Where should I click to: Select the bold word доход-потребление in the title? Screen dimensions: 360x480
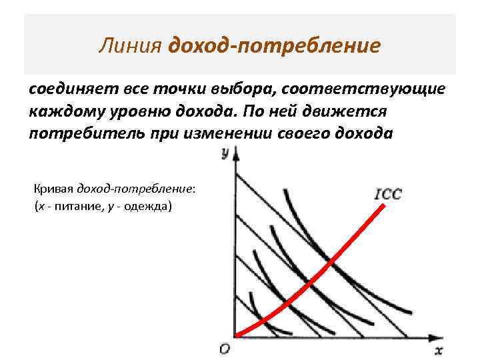coord(275,46)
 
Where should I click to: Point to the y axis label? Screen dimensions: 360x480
coord(225,155)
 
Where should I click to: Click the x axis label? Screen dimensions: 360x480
coord(439,350)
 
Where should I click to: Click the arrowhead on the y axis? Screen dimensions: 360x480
coord(235,155)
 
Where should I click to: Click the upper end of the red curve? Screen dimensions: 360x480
coord(384,206)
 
